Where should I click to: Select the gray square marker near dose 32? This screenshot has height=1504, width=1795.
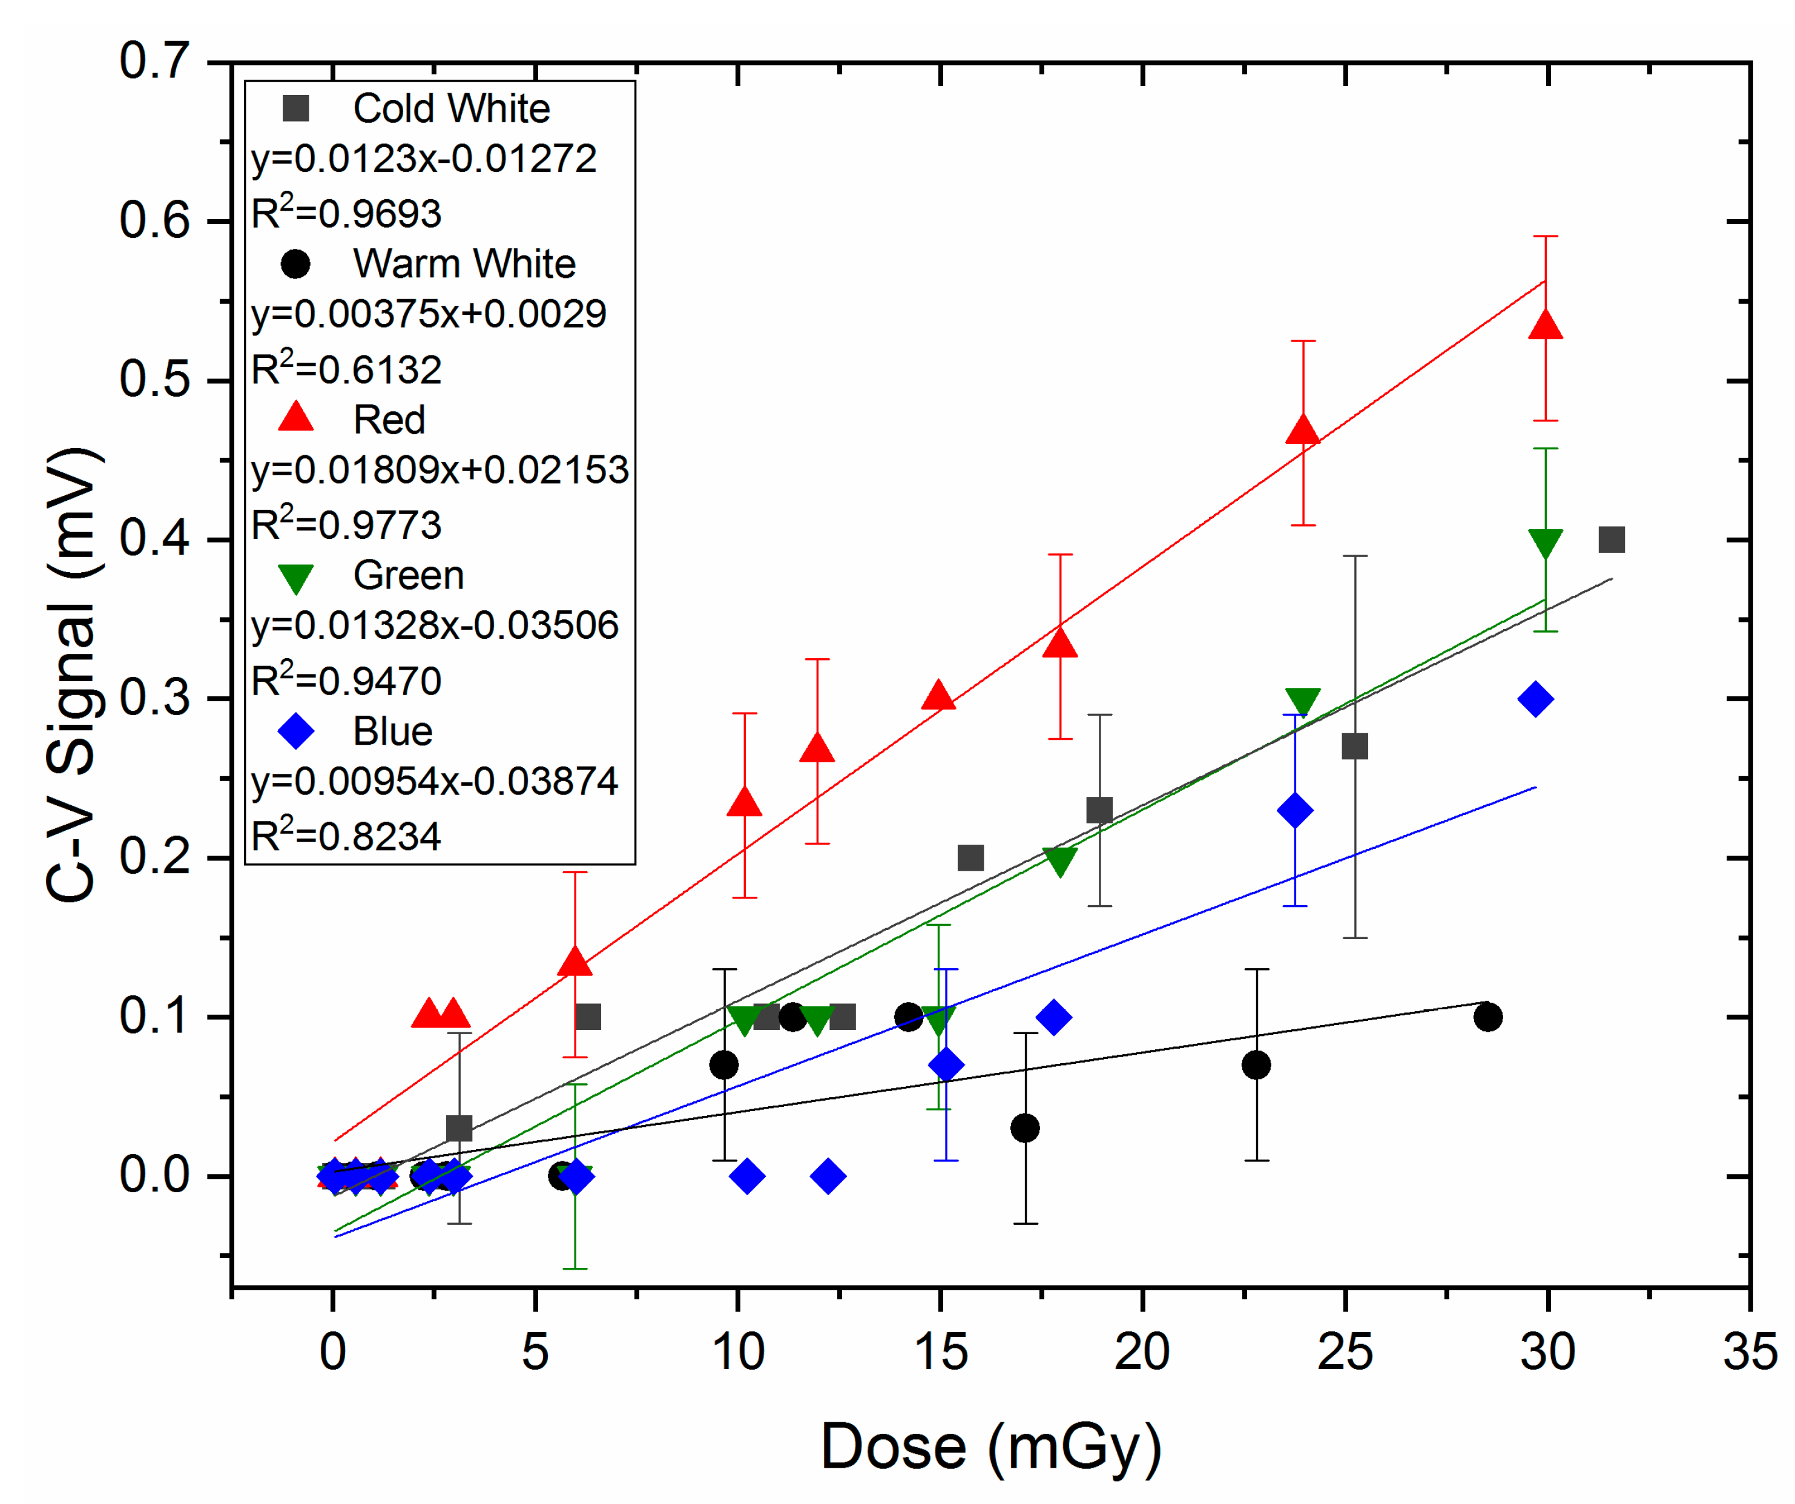point(1611,539)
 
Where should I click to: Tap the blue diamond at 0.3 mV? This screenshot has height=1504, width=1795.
point(1536,699)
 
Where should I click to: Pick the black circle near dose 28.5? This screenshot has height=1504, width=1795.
point(1488,1017)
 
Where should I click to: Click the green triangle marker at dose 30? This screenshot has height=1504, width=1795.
point(1546,542)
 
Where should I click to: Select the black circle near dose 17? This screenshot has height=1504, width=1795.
point(1025,1128)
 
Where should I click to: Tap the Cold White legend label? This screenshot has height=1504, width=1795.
point(451,108)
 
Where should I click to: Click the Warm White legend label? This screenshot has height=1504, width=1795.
point(464,263)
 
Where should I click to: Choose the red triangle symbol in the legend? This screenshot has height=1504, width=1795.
point(296,417)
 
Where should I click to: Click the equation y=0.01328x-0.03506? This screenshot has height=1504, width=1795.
point(434,625)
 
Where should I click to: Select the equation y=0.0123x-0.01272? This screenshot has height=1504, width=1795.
point(424,159)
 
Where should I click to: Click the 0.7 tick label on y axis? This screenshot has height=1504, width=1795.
point(154,62)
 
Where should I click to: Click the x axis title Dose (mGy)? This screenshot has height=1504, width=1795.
point(990,1446)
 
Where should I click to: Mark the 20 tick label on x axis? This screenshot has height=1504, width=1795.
point(1142,1353)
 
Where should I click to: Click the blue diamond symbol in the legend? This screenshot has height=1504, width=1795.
point(296,731)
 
